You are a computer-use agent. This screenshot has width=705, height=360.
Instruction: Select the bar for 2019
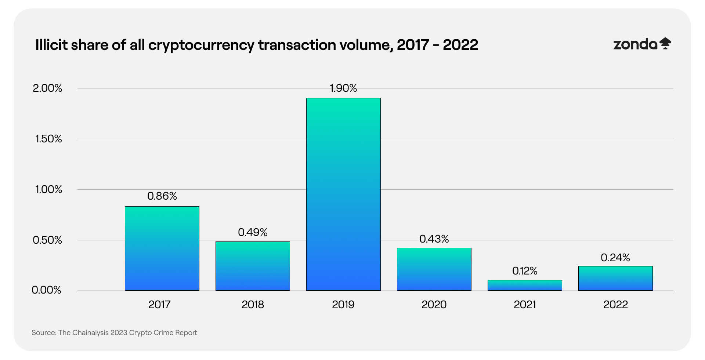pos(343,194)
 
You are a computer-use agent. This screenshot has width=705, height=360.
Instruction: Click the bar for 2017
pos(162,248)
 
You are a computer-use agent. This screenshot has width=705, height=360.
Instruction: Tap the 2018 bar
pos(253,266)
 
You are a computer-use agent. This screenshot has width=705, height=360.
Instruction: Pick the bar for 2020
pos(434,269)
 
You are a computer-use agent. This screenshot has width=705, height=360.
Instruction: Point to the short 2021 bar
pos(525,286)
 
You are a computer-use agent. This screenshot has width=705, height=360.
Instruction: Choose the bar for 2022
pos(615,279)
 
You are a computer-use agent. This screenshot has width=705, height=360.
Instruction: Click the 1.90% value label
pos(343,88)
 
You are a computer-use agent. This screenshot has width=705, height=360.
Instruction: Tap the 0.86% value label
pos(162,196)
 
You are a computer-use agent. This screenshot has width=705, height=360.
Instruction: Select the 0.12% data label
pos(525,271)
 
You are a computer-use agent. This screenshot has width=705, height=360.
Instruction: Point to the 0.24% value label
pos(615,258)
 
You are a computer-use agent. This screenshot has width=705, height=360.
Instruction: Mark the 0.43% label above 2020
pos(434,239)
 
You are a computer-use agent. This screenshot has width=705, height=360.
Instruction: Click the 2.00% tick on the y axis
pos(47,88)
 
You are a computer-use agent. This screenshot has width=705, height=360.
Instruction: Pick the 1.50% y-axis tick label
pos(48,139)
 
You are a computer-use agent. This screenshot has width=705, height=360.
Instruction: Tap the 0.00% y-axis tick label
pos(46,290)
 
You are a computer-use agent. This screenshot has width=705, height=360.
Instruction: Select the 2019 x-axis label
pos(343,305)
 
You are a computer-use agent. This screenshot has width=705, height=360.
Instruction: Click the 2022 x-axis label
pos(615,305)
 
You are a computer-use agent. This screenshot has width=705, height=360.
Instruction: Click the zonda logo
pos(642,44)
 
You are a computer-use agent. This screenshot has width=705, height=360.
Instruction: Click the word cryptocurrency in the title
pos(201,45)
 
